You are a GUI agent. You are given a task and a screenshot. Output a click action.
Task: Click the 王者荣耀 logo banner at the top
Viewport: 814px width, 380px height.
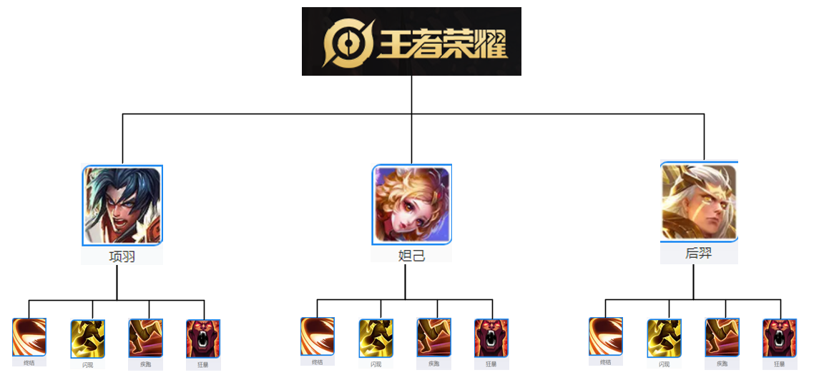411,41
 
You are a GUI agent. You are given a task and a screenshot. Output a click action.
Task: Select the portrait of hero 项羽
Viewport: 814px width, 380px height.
122,206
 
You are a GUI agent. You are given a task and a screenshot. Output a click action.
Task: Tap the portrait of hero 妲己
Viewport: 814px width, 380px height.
411,205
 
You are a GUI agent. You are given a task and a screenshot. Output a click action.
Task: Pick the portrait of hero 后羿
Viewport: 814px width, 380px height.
699,202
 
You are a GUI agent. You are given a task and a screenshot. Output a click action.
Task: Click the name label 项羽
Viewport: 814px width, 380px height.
122,256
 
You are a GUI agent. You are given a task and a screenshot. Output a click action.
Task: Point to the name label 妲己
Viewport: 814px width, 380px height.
411,254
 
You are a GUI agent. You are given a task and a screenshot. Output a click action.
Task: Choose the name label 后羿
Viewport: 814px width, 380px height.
699,253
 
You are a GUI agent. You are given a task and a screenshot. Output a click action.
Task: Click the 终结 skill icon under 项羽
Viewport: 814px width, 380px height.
29,337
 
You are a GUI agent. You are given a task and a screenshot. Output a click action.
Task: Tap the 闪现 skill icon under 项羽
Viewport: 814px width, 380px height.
88,339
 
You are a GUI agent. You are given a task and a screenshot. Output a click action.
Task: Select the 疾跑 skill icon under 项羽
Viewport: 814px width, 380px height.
146,338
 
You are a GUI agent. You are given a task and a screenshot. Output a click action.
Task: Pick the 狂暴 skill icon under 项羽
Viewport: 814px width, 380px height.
203,339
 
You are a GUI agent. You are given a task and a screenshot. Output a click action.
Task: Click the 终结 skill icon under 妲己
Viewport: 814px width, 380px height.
318,336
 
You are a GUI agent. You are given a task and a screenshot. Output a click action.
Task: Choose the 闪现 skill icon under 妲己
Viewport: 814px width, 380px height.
376,339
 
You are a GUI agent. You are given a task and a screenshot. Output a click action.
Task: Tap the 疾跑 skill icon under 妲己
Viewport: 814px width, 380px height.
434,337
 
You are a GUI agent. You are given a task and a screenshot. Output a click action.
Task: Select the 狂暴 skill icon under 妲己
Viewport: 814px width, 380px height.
491,338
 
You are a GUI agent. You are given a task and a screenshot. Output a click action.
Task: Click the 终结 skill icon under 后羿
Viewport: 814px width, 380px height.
606,336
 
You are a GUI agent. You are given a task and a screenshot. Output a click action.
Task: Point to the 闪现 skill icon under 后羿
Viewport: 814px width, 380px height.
665,339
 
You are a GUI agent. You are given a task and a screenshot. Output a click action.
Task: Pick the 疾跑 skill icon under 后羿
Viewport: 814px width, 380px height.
722,337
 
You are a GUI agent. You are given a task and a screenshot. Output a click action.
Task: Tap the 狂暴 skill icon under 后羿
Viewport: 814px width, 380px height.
780,338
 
